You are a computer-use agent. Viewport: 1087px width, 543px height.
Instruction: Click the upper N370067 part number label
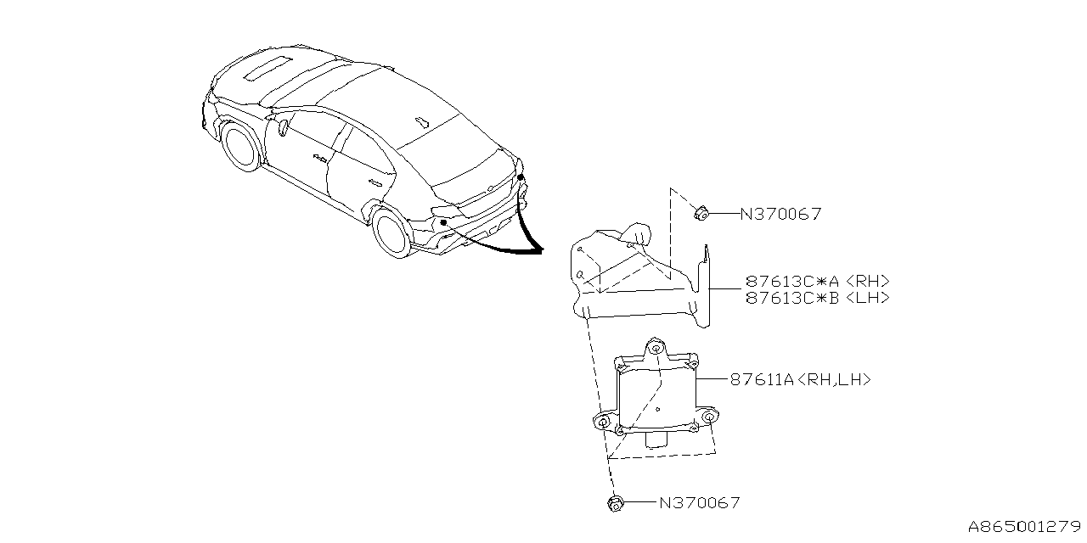780,215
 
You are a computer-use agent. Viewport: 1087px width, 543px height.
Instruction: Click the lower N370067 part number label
700,503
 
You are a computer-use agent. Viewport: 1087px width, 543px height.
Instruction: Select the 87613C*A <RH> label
818,282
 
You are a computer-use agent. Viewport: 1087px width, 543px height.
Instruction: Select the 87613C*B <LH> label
818,298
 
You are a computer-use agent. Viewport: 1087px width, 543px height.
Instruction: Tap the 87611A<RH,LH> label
800,381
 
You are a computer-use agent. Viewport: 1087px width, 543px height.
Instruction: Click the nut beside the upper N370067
701,213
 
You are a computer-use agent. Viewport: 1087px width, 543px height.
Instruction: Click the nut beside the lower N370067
616,504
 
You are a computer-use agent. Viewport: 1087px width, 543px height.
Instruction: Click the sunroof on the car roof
271,67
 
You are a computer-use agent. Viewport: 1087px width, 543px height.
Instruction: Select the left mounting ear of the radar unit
603,422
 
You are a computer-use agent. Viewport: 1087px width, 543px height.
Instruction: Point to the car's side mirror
282,129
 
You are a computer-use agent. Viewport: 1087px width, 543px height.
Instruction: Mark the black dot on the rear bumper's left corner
443,222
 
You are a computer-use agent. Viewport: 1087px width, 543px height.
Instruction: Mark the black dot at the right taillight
521,177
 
